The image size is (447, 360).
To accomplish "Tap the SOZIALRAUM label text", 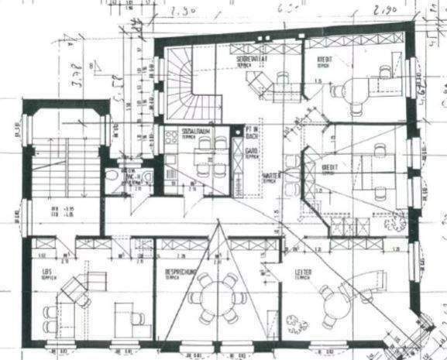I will pyautogui.click(x=194, y=132).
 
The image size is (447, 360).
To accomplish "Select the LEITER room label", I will pyautogui.click(x=304, y=273).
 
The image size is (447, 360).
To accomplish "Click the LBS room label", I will pyautogui.click(x=46, y=273).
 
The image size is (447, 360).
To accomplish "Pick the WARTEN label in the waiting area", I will pyautogui.click(x=270, y=176).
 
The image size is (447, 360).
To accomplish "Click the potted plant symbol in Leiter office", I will pyautogui.click(x=293, y=321).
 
